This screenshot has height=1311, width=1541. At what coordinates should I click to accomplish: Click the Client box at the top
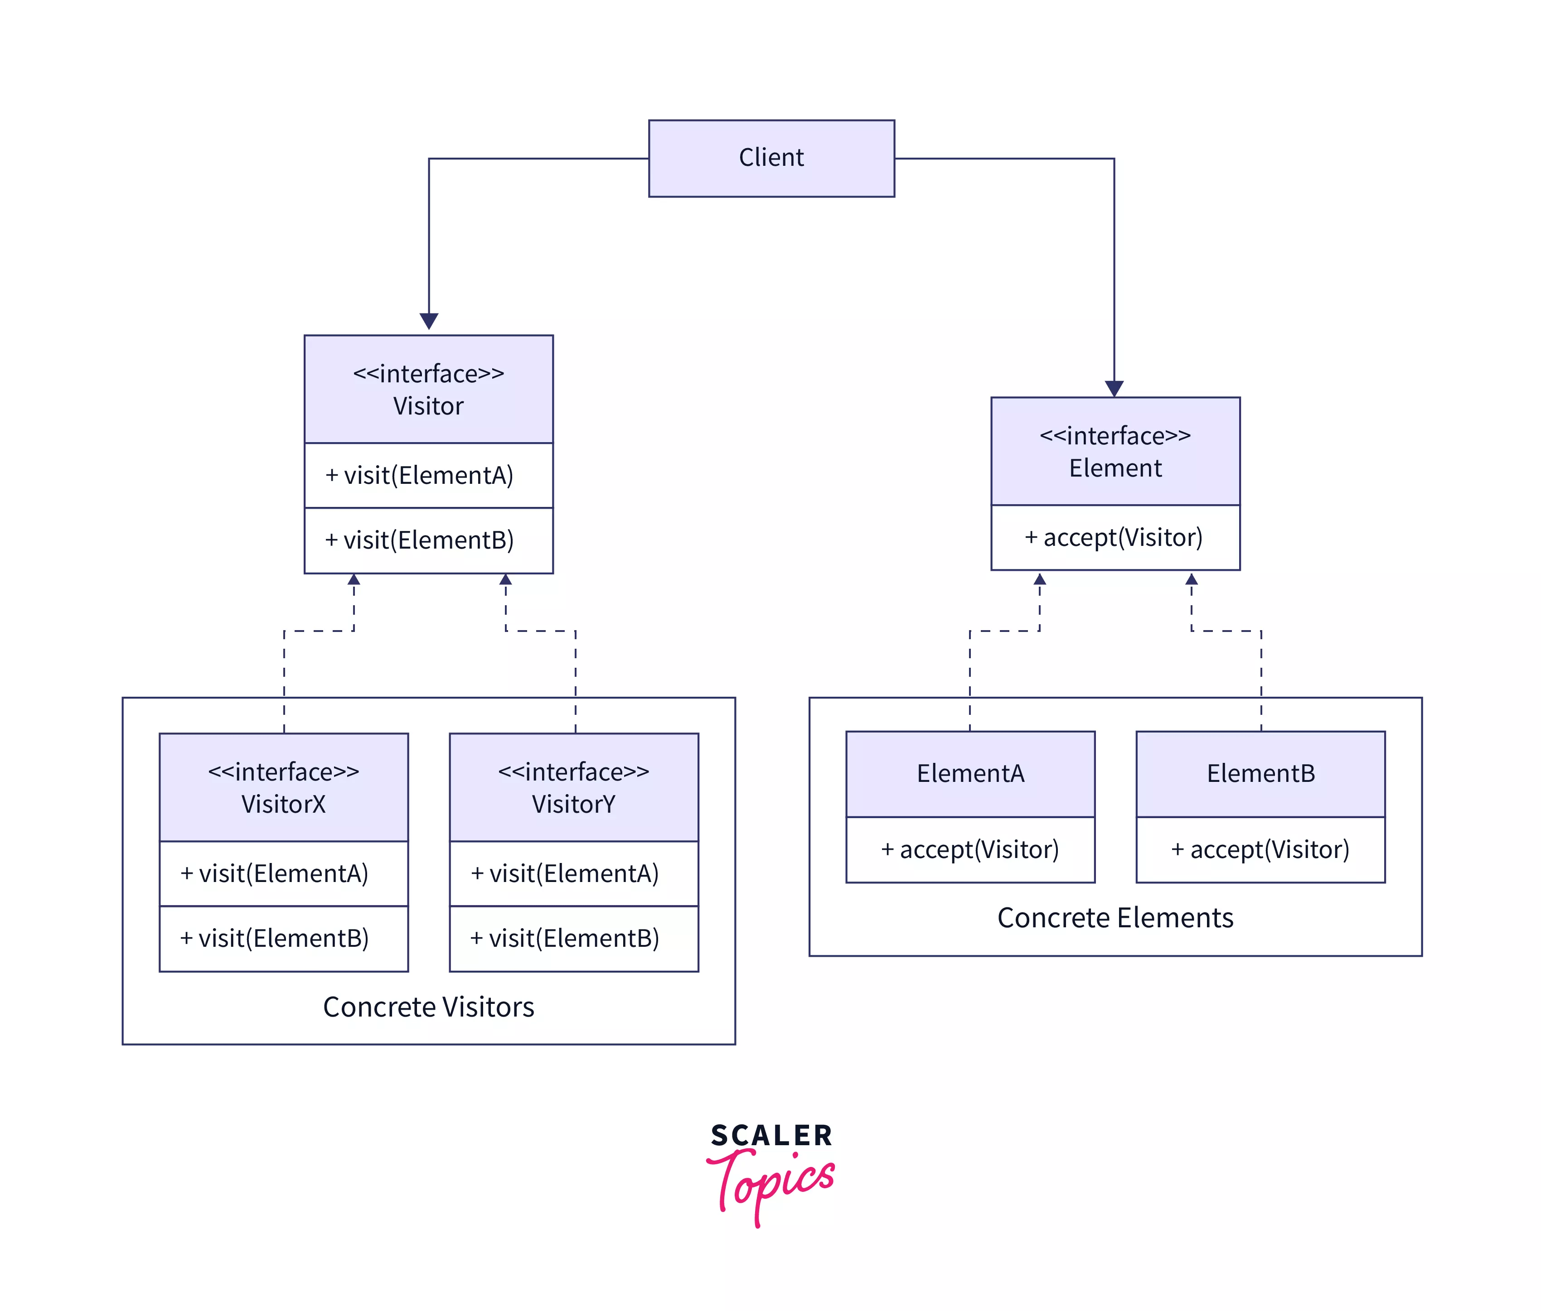coord(771,158)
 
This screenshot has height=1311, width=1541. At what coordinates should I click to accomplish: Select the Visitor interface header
coord(428,390)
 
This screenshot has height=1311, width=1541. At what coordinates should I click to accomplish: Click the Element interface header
coord(1115,451)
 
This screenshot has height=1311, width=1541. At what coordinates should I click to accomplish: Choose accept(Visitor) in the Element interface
coord(1115,537)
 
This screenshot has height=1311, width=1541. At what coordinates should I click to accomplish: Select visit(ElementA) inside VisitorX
coord(283,873)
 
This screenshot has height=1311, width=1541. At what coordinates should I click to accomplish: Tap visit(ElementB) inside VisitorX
coord(283,938)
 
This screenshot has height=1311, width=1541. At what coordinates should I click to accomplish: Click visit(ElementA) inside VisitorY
coord(573,873)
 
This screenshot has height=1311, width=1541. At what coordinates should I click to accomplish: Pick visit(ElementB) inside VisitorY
coord(573,938)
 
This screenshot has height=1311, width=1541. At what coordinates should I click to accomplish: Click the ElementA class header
coord(969,774)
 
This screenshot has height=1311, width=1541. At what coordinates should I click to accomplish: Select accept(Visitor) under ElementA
coord(969,849)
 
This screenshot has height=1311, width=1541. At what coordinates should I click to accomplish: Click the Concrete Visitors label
coord(428,1007)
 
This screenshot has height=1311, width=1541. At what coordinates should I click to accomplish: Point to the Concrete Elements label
coord(1115,918)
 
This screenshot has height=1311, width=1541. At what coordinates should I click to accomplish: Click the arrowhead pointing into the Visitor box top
coord(429,321)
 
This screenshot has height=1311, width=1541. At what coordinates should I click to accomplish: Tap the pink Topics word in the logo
coord(773,1182)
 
